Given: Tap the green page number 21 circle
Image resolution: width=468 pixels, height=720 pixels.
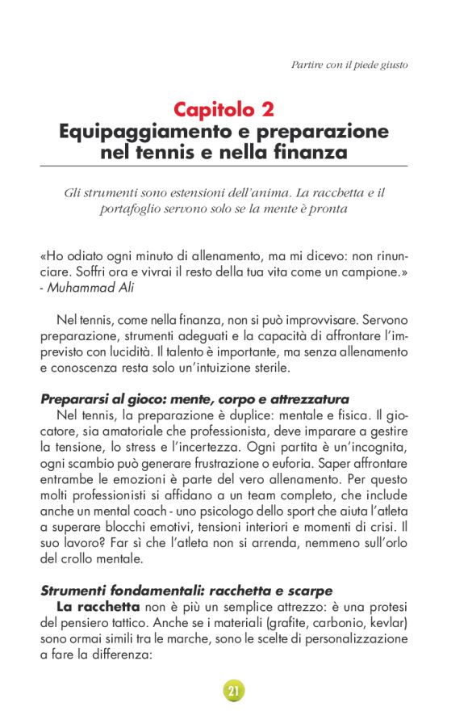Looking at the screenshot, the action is click(234, 690).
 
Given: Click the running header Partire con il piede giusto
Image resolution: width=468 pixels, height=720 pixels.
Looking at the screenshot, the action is click(349, 64).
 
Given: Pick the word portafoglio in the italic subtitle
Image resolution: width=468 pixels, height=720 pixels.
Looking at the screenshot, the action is click(142, 209).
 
